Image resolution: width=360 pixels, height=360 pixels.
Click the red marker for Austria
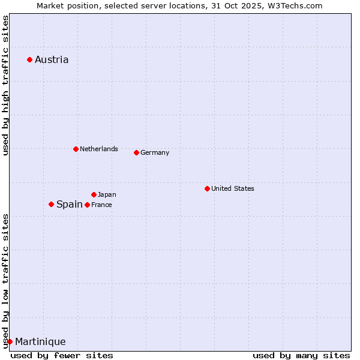tap(29, 59)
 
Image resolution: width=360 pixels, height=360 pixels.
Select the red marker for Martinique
tap(10, 341)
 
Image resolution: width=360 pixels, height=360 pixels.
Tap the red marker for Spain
tap(51, 204)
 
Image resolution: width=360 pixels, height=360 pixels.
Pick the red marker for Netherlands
tap(76, 149)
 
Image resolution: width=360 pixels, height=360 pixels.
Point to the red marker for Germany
tap(136, 152)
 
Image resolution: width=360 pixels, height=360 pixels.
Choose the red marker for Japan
tap(94, 194)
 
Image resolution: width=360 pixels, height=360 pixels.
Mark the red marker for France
tap(87, 205)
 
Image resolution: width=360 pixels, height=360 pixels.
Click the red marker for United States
tap(207, 188)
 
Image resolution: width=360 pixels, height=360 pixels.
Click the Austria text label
tap(52, 59)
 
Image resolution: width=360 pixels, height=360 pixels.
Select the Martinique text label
tap(40, 341)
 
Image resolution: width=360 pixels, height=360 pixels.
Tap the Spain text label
tap(70, 204)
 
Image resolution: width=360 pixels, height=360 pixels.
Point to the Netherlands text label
tap(99, 149)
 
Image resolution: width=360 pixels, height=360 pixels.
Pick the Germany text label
tap(155, 152)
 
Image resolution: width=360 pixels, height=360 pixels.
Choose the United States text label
tap(233, 188)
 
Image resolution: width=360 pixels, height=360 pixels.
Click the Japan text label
tap(107, 194)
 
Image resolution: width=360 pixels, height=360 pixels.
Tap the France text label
tap(101, 205)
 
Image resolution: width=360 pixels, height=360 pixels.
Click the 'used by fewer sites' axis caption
tap(62, 355)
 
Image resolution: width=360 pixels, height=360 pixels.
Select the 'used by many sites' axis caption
tap(301, 355)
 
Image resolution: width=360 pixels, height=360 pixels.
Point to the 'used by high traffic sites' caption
tap(5, 85)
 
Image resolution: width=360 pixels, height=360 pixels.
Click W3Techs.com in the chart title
tap(295, 5)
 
